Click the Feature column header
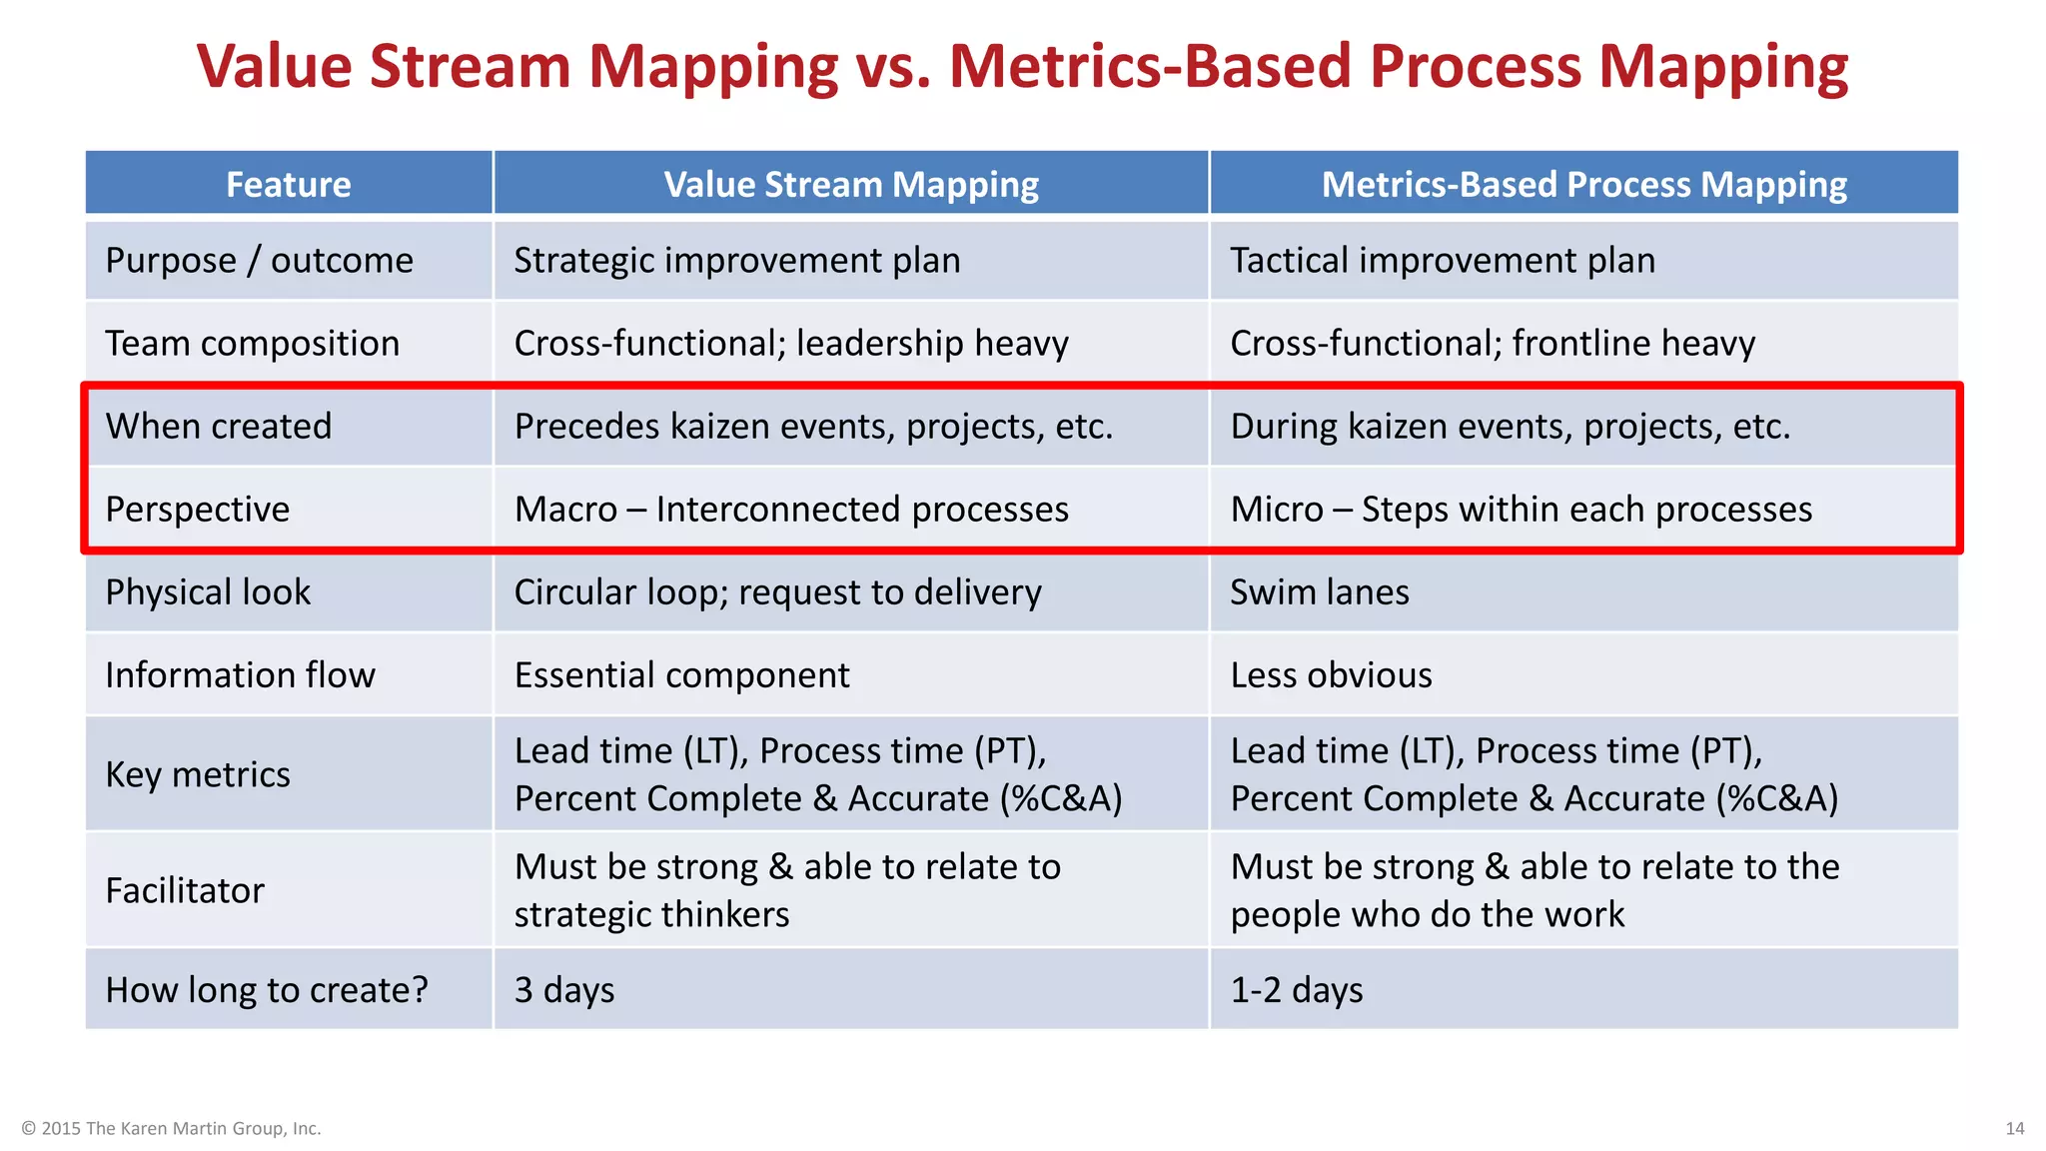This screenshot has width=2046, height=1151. click(x=288, y=184)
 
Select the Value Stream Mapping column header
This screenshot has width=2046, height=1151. click(x=851, y=184)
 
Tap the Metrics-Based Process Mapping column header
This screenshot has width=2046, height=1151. click(x=1583, y=184)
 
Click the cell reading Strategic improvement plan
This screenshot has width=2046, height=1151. click(x=736, y=261)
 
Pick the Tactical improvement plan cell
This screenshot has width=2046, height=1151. click(x=1442, y=261)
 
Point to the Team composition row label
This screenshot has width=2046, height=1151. click(x=252, y=344)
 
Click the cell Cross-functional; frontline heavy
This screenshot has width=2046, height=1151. click(x=1492, y=344)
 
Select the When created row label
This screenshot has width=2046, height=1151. click(x=218, y=427)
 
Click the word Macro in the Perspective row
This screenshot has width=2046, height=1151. click(x=565, y=510)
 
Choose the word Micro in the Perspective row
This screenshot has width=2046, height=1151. click(x=1277, y=510)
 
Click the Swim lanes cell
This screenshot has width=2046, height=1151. click(x=1319, y=592)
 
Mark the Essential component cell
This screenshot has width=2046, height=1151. click(x=681, y=675)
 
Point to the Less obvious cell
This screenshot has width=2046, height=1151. click(x=1331, y=675)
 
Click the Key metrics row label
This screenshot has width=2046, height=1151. click(x=198, y=775)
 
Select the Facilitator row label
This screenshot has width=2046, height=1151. click(x=185, y=890)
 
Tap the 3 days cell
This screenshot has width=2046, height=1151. click(x=564, y=990)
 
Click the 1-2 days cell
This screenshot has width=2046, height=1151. click(x=1296, y=990)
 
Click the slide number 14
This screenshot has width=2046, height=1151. click(x=2014, y=1128)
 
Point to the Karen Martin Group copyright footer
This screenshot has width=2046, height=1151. click(x=171, y=1128)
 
